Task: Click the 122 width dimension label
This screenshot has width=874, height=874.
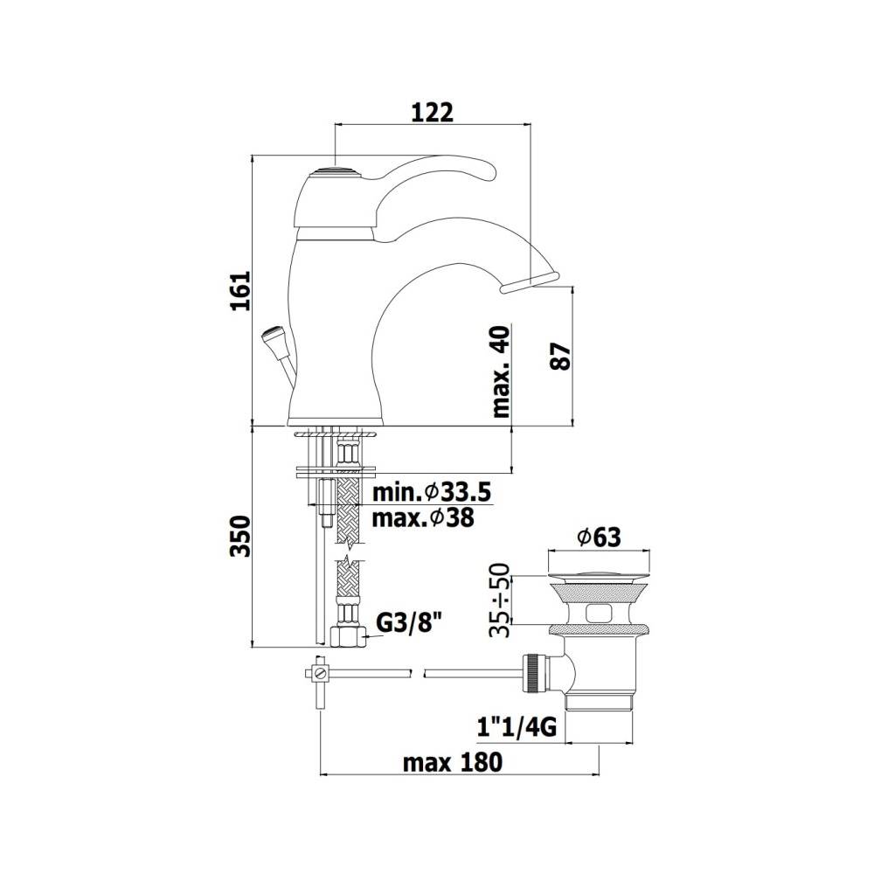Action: coord(432,113)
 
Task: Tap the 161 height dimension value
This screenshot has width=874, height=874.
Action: coord(242,290)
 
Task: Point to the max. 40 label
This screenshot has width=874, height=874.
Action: coord(501,371)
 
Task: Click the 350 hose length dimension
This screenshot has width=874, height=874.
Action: coord(242,536)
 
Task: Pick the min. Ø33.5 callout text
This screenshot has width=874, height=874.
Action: coord(432,493)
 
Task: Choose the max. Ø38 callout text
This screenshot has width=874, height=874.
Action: coord(423,518)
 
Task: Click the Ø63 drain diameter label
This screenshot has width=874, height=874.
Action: coord(600,538)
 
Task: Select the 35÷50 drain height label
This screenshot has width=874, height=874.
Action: coord(499,600)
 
